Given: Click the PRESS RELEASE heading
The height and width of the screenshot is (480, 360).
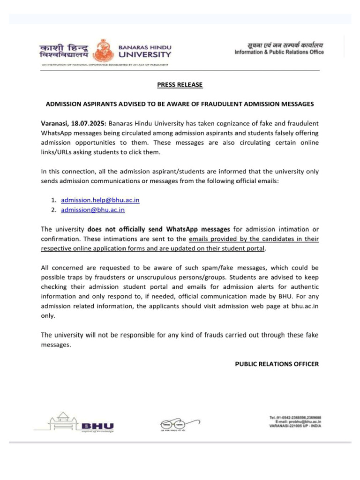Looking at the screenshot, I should coord(180,85).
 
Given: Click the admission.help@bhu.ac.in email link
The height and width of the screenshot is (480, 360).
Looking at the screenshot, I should coord(100,200).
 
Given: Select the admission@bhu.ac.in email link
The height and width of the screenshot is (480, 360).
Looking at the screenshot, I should coord(93,210).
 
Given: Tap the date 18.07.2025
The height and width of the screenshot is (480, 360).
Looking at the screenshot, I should coord(89,123).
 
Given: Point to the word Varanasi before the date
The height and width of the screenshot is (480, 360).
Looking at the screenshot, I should coord(55,123).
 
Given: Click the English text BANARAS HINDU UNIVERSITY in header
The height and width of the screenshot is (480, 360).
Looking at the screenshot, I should coord(145,51).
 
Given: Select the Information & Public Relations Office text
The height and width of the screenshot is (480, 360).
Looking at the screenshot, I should coord(279,52).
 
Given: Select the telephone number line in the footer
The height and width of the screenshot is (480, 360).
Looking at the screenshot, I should coord(295,417).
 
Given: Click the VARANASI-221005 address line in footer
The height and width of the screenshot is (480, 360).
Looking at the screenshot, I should coord(295,426).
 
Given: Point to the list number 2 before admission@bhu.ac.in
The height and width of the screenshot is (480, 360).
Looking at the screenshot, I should coord(54,210).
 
